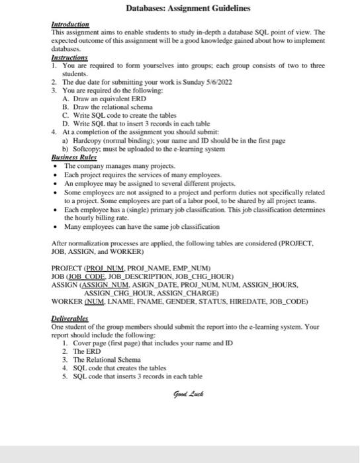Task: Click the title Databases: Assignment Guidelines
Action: (x=189, y=9)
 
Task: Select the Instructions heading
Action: (x=69, y=58)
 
